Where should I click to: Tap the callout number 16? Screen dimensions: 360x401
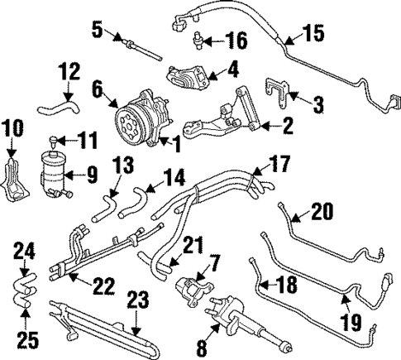point(236,40)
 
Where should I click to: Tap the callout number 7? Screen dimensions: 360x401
point(213,262)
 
